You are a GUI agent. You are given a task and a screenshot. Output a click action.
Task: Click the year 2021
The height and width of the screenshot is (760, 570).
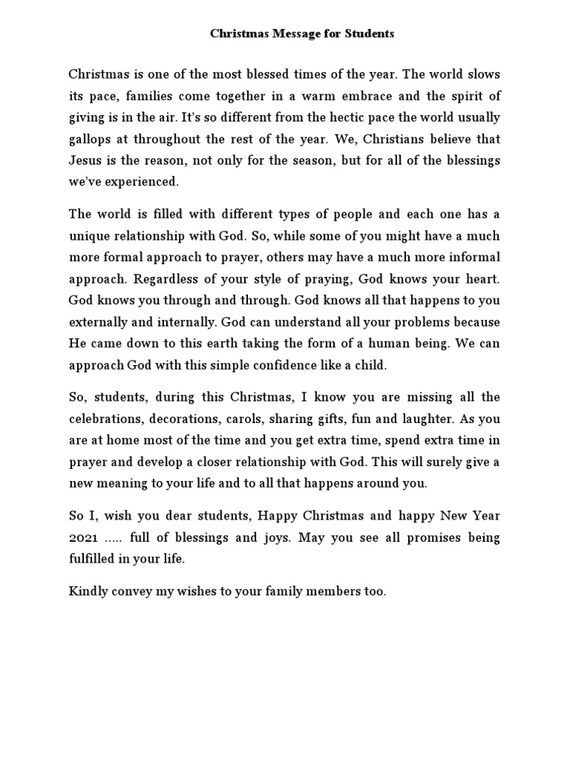tap(83, 536)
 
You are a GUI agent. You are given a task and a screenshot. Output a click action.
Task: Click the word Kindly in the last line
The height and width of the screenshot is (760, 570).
tap(88, 592)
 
